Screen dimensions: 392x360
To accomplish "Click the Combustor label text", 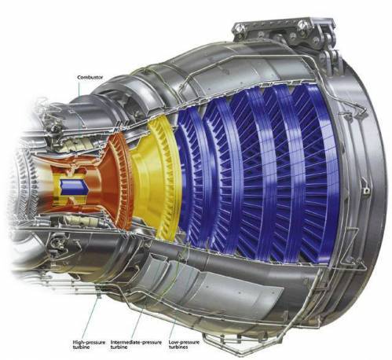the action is (90, 77).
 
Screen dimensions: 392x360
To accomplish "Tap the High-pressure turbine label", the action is (89, 344).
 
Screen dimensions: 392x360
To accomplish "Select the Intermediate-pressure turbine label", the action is (136, 344).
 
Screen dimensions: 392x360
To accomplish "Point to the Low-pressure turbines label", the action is (184, 344).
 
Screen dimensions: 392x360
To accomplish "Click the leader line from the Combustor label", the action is (79, 105).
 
